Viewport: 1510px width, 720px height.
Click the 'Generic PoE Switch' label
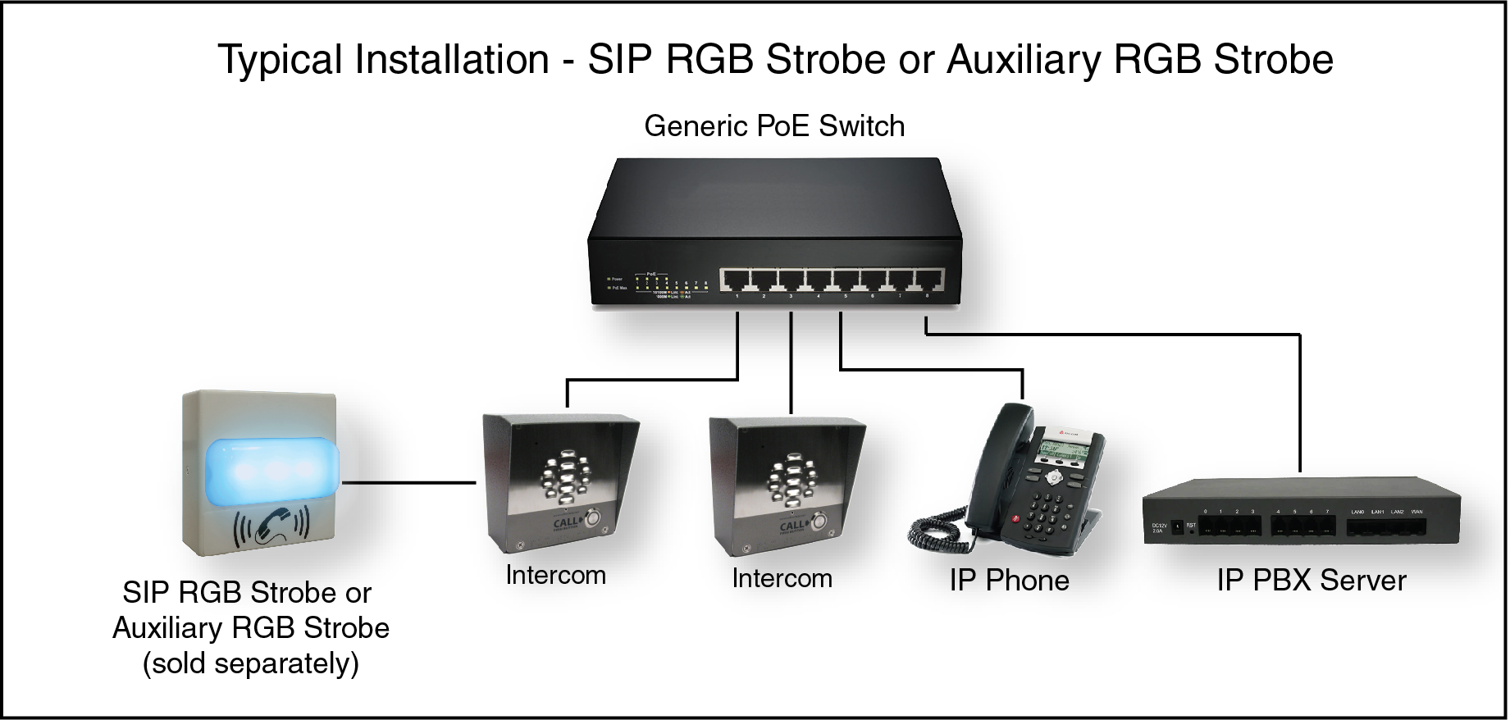(774, 126)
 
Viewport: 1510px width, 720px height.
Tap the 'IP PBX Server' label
(1311, 581)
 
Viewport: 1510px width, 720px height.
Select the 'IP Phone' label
(1009, 581)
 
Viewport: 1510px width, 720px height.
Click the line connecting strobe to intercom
(410, 483)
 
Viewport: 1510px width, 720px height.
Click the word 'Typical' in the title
(280, 60)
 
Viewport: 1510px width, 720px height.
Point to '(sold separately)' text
(251, 663)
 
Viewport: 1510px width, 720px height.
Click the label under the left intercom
(555, 575)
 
